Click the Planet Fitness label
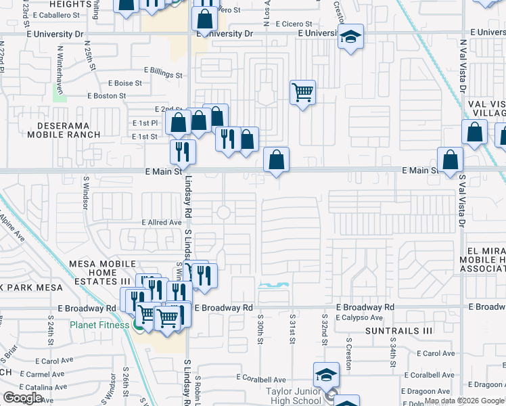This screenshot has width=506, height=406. tap(99, 325)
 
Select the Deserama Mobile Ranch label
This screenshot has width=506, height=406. tap(64, 130)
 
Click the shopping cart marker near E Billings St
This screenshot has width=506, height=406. tap(302, 92)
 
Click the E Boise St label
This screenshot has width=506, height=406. tap(124, 83)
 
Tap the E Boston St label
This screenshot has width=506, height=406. tap(108, 96)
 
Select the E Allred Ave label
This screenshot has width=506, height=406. tap(162, 222)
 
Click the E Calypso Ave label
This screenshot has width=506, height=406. tap(358, 317)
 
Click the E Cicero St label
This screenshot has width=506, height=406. tap(293, 24)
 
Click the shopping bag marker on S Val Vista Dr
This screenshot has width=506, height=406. tap(450, 160)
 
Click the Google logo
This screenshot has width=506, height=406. tap(22, 397)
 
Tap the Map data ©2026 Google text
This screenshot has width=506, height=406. tap(463, 401)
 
